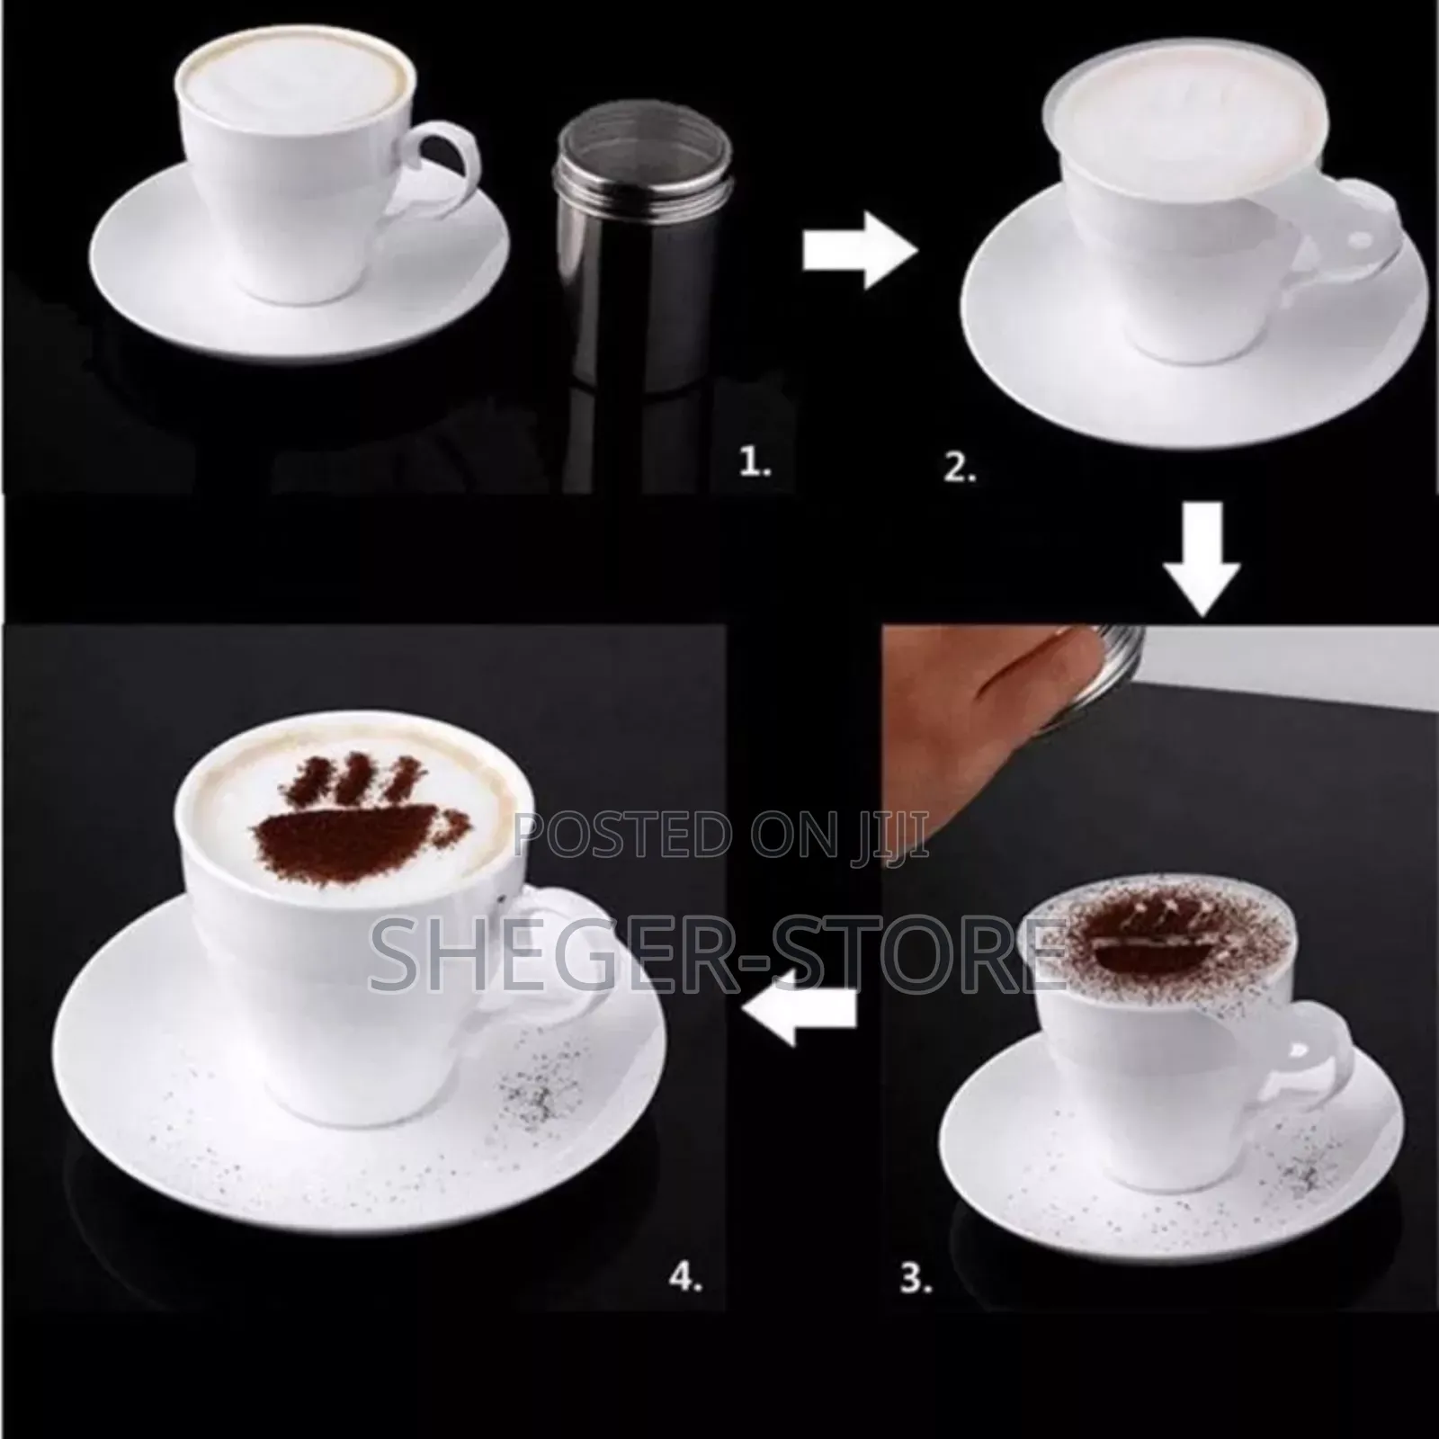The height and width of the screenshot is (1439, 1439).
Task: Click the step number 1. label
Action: (x=754, y=465)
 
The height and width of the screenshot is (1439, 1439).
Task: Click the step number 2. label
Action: (x=959, y=469)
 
